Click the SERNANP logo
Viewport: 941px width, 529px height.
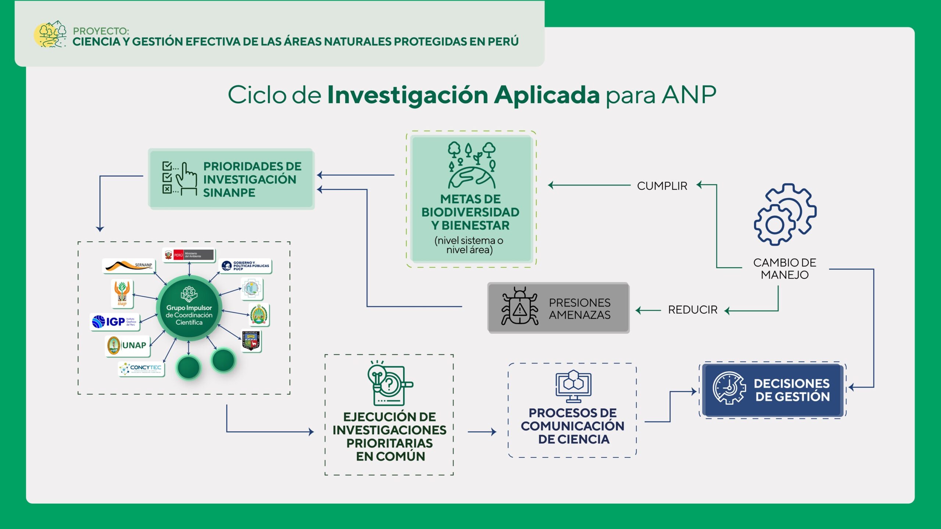129,265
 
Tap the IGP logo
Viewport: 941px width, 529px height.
114,322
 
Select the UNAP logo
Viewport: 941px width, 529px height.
127,345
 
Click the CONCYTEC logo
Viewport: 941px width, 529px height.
141,368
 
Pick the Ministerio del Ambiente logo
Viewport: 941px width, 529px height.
189,255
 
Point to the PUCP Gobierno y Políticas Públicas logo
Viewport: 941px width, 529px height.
245,266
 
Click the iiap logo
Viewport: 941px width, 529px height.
122,294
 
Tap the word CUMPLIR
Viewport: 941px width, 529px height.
662,186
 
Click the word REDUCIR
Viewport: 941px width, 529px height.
693,310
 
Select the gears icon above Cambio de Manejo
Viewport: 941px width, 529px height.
785,215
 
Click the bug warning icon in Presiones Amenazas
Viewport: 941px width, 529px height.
519,306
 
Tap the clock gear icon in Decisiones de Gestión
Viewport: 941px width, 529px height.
729,388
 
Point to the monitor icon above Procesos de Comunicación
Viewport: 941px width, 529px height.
573,386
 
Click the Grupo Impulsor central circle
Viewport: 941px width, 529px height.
189,308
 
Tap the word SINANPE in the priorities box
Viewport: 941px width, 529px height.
229,192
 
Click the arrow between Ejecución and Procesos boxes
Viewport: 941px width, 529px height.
482,432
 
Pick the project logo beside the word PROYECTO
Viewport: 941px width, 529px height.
50,34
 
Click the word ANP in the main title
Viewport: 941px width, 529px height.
689,95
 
